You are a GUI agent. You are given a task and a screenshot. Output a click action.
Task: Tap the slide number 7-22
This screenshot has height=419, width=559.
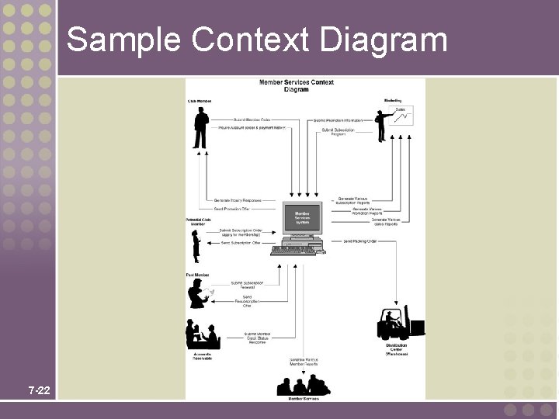(x=39, y=390)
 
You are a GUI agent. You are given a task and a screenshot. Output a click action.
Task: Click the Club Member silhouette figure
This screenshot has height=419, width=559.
(x=200, y=127)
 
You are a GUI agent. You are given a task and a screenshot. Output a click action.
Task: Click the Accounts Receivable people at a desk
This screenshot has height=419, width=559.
(x=201, y=334)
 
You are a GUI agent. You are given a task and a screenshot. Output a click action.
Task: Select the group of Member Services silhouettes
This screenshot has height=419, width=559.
(x=304, y=385)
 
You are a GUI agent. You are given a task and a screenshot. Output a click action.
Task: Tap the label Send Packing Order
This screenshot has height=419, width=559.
(x=359, y=241)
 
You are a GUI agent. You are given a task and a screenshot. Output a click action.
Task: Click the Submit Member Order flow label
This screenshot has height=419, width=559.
(x=252, y=119)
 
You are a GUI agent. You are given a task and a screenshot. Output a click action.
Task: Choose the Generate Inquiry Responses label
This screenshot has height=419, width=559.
(x=238, y=200)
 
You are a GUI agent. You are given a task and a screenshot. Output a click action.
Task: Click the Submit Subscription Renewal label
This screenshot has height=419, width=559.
(x=247, y=285)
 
